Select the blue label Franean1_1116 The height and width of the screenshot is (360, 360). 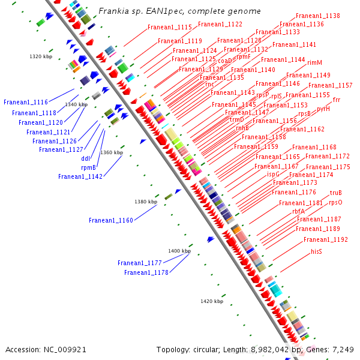[x=26, y=102]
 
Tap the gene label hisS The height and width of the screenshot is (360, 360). [x=316, y=251]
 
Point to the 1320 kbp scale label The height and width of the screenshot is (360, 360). [x=41, y=56]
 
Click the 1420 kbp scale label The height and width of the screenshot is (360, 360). [x=212, y=301]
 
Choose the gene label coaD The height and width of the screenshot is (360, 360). [x=224, y=61]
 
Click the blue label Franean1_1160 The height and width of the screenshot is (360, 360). [x=111, y=220]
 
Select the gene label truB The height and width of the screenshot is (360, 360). [x=335, y=193]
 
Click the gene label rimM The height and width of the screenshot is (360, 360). [x=314, y=62]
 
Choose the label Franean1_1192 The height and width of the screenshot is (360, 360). [x=325, y=239]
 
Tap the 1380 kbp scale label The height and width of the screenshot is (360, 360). [x=146, y=202]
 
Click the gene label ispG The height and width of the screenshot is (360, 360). [x=273, y=174]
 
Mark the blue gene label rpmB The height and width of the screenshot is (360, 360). [x=88, y=167]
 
